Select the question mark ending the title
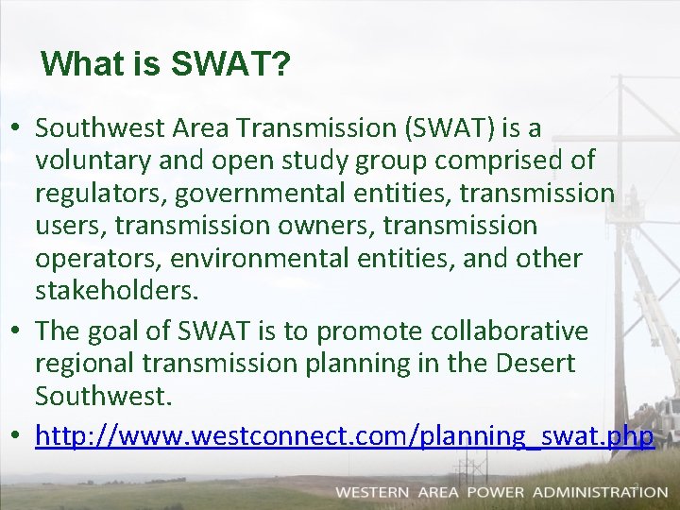pos(281,64)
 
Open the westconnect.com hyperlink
pos(345,436)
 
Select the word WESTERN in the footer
pos(372,492)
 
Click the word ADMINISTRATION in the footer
pos(600,492)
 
